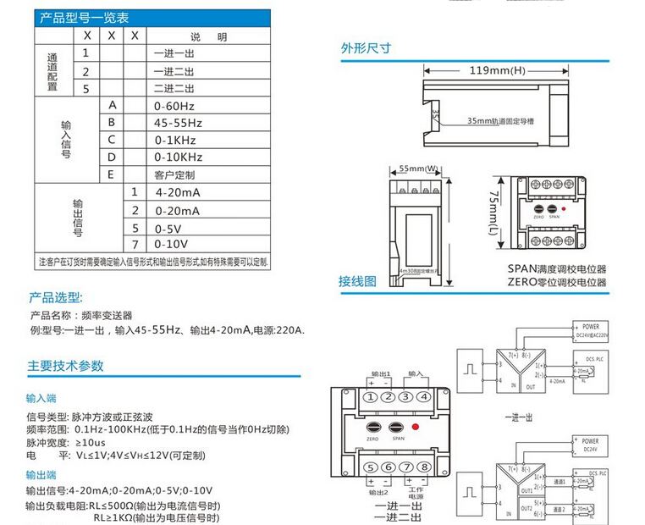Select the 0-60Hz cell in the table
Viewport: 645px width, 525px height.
174,106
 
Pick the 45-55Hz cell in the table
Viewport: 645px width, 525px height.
179,123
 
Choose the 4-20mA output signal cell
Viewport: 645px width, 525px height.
177,193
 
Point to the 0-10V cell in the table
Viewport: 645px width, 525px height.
173,244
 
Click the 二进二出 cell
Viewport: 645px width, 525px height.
174,88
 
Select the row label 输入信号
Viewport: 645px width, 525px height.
66,140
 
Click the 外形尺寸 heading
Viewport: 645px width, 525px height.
366,48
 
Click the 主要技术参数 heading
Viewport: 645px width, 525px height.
66,366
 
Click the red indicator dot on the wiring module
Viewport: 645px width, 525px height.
416,427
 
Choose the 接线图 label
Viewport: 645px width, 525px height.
357,281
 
